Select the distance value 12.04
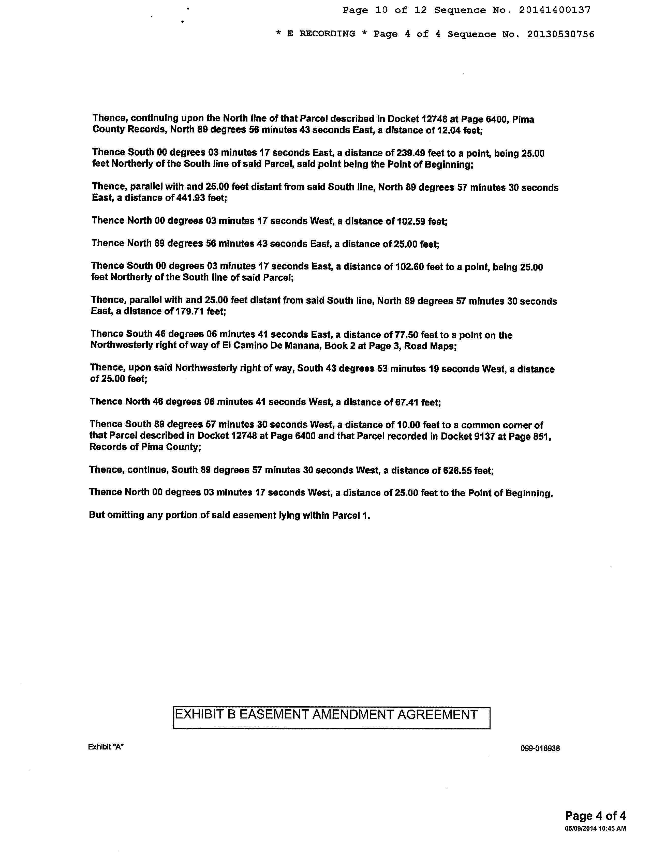click(x=449, y=130)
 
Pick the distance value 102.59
click(x=411, y=221)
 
